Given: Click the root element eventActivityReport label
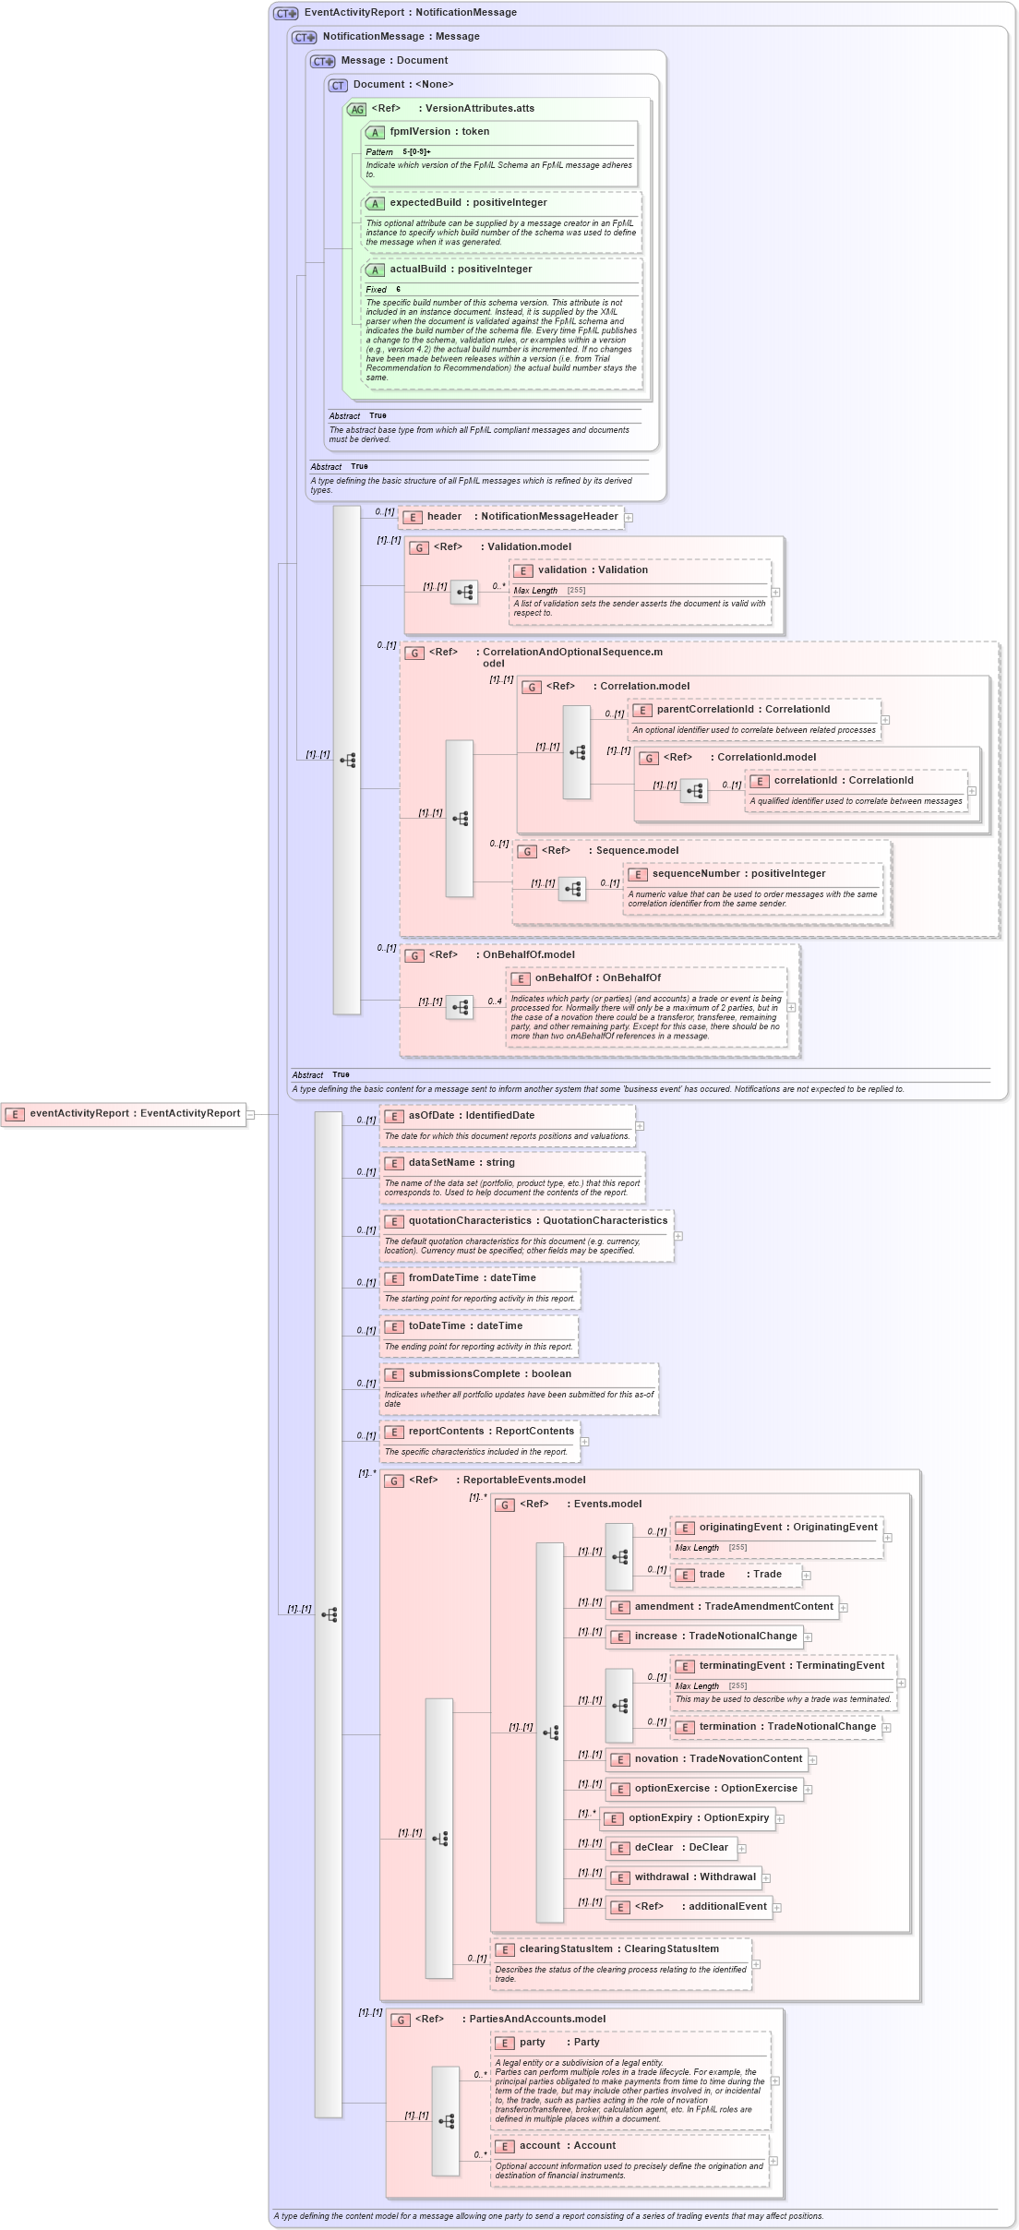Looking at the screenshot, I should point(134,1113).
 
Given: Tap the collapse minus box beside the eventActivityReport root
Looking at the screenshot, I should point(250,1114).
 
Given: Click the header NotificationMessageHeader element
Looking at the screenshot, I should point(521,517).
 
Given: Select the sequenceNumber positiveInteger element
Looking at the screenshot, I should point(738,874).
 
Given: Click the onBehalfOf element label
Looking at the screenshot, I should point(597,978).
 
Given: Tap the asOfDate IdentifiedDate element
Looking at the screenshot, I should point(471,1116).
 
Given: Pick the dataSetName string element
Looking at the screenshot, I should point(461,1163).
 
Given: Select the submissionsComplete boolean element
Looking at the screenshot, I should point(489,1374).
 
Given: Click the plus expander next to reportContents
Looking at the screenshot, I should point(584,1442).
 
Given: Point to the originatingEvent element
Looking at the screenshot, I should point(787,1528).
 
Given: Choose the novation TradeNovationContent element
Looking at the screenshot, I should point(717,1759).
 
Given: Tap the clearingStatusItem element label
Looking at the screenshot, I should point(617,1949).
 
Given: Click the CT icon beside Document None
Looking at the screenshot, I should point(338,85).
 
